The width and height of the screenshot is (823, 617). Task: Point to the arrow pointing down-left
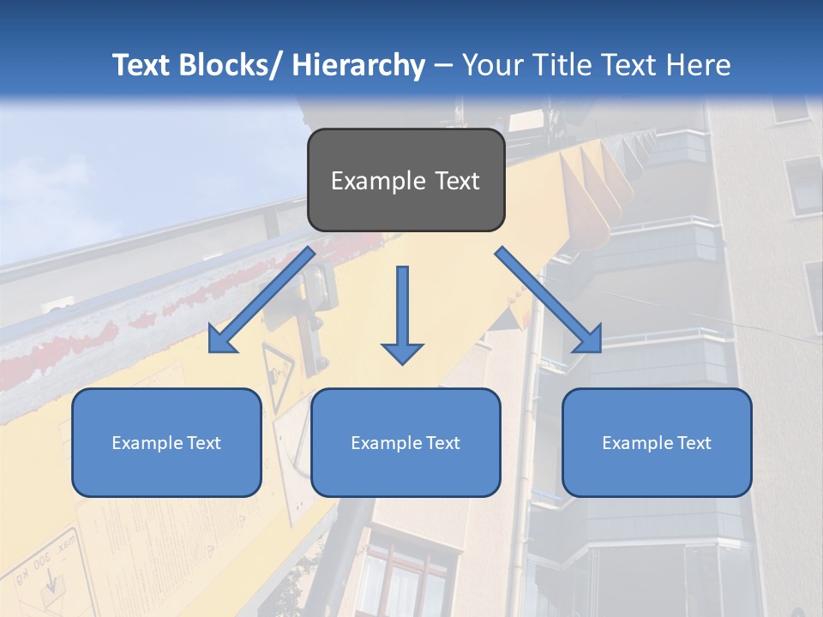(x=262, y=300)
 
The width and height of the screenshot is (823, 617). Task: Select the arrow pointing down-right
(x=549, y=300)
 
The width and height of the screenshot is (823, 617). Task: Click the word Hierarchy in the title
(x=357, y=65)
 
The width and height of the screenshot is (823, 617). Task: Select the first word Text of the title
(x=142, y=65)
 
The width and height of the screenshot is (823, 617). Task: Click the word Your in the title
(x=491, y=65)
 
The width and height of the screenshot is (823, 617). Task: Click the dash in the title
(x=443, y=65)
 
